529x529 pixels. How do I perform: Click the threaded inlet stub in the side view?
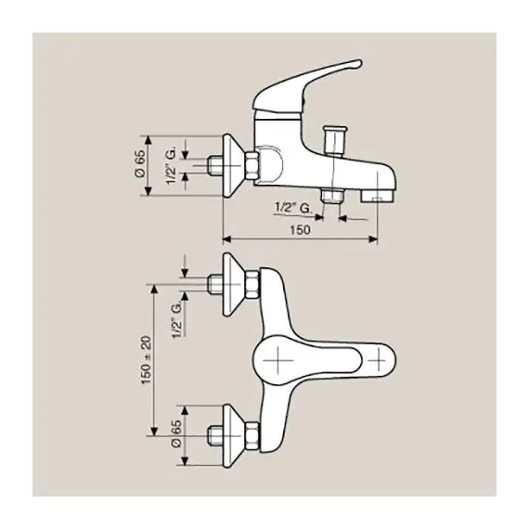(216, 163)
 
